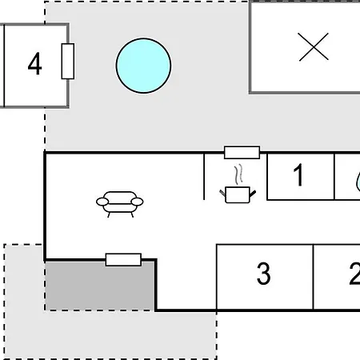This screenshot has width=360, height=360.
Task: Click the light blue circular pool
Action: pos(143,66)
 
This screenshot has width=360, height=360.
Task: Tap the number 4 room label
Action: pos(35,63)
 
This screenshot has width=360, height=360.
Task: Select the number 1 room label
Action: pos(298,174)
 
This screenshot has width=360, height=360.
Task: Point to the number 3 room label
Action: pos(263,274)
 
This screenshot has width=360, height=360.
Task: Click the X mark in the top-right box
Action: pos(314,47)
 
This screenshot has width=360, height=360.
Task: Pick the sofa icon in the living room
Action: pos(120,204)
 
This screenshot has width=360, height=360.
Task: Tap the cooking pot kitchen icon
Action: pos(238,195)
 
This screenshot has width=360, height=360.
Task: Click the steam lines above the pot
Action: pos(239,174)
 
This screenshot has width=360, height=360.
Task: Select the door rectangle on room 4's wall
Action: pos(68,62)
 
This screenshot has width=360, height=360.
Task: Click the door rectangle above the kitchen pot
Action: pos(242,153)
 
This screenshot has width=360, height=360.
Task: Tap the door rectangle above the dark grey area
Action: pos(123,260)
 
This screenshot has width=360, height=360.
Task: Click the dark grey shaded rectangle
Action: pos(99,286)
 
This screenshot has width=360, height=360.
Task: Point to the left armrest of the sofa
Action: pos(102,202)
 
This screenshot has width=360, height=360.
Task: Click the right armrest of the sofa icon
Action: pos(137,202)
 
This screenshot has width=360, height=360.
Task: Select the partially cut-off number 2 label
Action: pos(354,274)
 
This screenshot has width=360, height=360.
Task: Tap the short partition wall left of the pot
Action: pos(204,176)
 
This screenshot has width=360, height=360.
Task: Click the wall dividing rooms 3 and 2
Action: pos(313,277)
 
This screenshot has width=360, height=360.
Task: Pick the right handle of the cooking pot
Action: pos(253,194)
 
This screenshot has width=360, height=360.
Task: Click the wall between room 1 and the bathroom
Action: pos(334,176)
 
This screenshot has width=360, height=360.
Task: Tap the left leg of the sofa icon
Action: pos(109,215)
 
